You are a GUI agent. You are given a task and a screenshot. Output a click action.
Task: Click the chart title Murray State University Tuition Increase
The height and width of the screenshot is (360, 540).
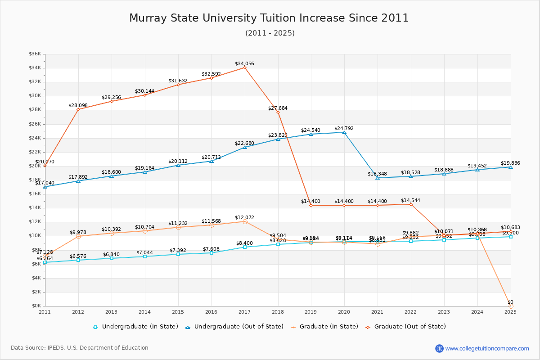(x=269, y=18)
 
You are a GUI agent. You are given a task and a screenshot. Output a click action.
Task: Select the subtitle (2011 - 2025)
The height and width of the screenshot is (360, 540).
(x=270, y=33)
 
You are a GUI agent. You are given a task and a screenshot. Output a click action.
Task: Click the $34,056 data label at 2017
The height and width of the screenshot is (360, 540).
(x=244, y=63)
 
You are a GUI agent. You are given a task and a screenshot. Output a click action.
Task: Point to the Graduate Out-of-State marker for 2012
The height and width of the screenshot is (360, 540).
(x=78, y=109)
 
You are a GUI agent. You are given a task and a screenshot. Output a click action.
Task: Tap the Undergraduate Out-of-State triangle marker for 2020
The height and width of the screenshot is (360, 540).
(x=344, y=132)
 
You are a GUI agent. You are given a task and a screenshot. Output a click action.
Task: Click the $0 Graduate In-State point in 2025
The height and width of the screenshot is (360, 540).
(x=510, y=306)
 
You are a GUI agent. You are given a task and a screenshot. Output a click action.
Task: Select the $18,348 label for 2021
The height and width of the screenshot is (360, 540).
(x=377, y=174)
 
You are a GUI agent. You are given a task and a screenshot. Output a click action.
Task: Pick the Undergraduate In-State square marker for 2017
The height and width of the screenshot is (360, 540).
(x=245, y=247)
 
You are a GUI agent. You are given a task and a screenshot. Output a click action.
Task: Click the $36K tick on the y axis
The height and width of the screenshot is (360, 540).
(x=35, y=54)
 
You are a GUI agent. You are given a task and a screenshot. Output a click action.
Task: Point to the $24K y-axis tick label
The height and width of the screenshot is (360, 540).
(x=35, y=138)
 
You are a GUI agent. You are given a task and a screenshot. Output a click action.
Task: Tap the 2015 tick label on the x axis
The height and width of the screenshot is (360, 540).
(x=178, y=312)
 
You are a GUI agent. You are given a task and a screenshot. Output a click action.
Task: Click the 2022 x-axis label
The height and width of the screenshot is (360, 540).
(x=410, y=312)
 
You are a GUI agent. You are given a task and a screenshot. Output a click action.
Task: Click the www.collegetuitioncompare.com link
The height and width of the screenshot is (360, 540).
(x=487, y=348)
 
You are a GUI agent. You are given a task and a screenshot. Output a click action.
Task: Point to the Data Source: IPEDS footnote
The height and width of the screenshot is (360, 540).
(x=80, y=348)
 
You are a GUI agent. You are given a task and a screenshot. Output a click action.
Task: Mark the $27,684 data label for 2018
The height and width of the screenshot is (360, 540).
(x=278, y=108)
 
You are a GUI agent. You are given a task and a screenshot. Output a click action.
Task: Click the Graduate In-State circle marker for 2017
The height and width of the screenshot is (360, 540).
(x=245, y=221)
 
